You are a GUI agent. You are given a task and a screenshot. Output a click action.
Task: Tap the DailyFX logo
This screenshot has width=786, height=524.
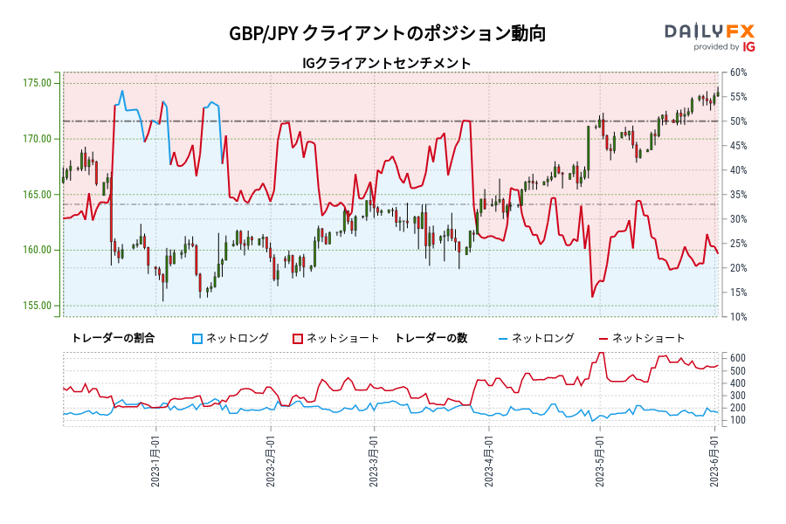pos(709,36)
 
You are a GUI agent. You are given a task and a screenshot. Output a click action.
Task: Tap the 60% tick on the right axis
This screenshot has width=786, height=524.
pos(737,72)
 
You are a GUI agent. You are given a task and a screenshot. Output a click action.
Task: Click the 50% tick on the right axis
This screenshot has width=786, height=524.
pos(737,121)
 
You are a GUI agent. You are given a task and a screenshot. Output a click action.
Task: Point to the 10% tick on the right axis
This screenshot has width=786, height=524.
pos(737,316)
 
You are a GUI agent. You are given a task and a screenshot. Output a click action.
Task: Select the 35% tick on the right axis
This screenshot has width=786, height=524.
pos(737,194)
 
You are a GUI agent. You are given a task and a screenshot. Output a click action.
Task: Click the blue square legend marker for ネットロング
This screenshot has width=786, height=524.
pos(197,338)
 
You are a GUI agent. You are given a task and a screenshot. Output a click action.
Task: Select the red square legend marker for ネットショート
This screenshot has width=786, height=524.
pos(298,338)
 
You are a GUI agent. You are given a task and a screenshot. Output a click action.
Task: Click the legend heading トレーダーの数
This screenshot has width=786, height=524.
pos(431,338)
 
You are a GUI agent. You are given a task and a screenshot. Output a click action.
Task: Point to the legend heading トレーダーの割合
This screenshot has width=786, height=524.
pos(113,338)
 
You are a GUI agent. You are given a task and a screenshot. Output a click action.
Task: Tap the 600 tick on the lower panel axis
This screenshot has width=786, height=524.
pos(738,357)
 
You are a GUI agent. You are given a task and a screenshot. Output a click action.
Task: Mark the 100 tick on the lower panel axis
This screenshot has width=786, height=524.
pos(738,420)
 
